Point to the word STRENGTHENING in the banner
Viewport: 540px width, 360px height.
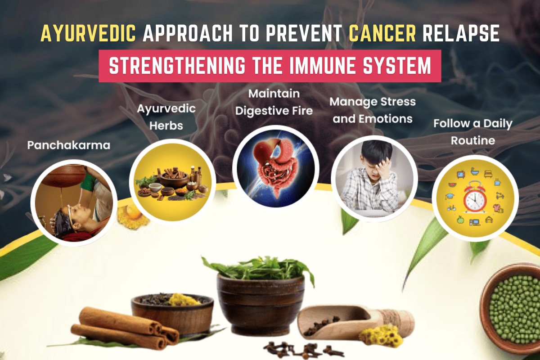pyautogui.click(x=177, y=66)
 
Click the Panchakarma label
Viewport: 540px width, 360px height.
pyautogui.click(x=69, y=145)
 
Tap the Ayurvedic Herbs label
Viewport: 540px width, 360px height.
pyautogui.click(x=166, y=117)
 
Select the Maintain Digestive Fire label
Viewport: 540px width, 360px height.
pyautogui.click(x=274, y=102)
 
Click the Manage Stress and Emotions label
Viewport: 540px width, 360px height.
pyautogui.click(x=373, y=110)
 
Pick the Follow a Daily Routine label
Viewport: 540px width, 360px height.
pyautogui.click(x=473, y=132)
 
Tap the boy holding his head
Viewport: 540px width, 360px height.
pyautogui.click(x=371, y=178)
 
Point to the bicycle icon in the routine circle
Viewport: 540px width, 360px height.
pyautogui.click(x=451, y=208)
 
